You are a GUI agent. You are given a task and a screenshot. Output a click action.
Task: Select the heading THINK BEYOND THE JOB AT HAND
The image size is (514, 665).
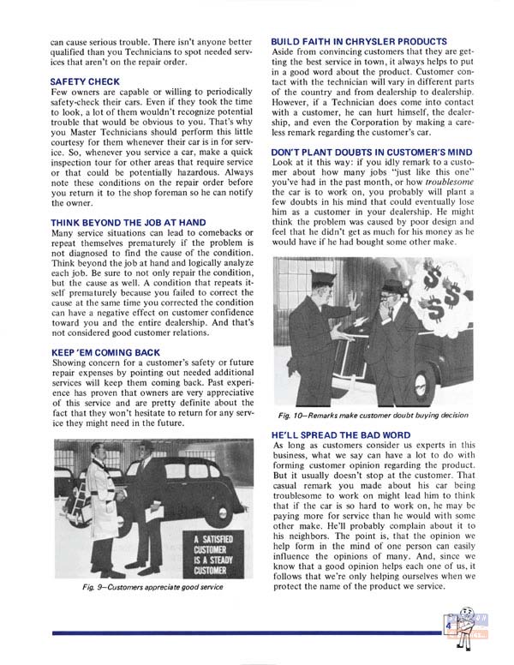(128, 223)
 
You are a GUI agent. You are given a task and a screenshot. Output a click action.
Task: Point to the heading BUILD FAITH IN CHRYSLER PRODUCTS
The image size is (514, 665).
(358, 41)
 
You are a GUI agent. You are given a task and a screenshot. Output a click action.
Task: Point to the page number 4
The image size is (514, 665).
(448, 626)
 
